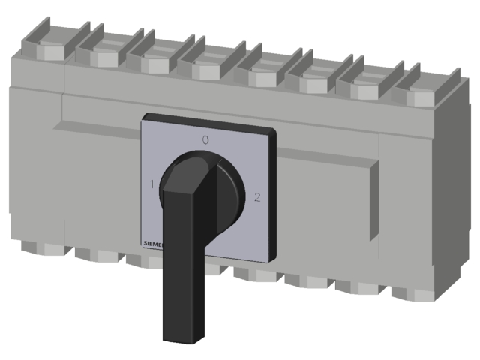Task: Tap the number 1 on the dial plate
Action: click(x=152, y=184)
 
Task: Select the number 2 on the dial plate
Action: click(x=257, y=198)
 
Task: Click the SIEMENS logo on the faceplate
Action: click(x=152, y=244)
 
